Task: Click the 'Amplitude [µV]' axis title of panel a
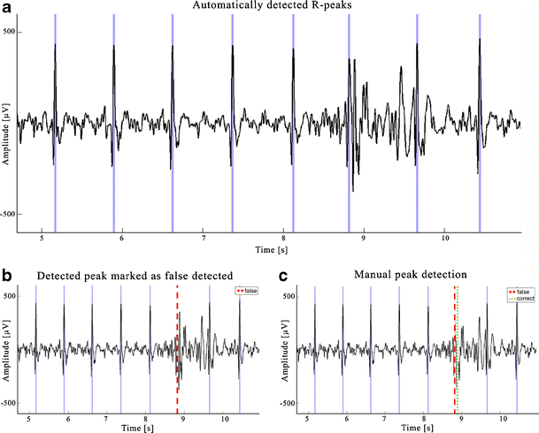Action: (8, 124)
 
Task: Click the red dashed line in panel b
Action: (178, 336)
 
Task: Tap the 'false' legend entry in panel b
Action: (248, 291)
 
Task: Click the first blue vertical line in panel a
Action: (54, 124)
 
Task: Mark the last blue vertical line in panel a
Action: (480, 124)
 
